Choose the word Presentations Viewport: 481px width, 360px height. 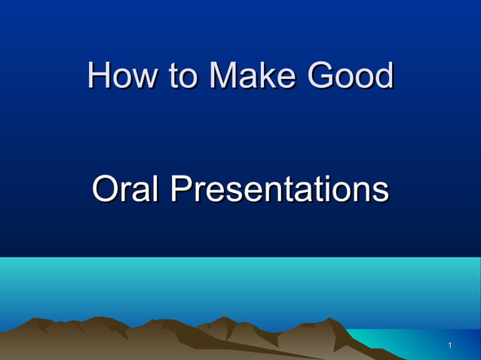click(279, 189)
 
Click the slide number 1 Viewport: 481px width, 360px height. click(449, 346)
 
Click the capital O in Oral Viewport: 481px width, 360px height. click(104, 189)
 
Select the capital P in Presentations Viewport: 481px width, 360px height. click(181, 189)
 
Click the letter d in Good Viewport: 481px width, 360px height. click(383, 76)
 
